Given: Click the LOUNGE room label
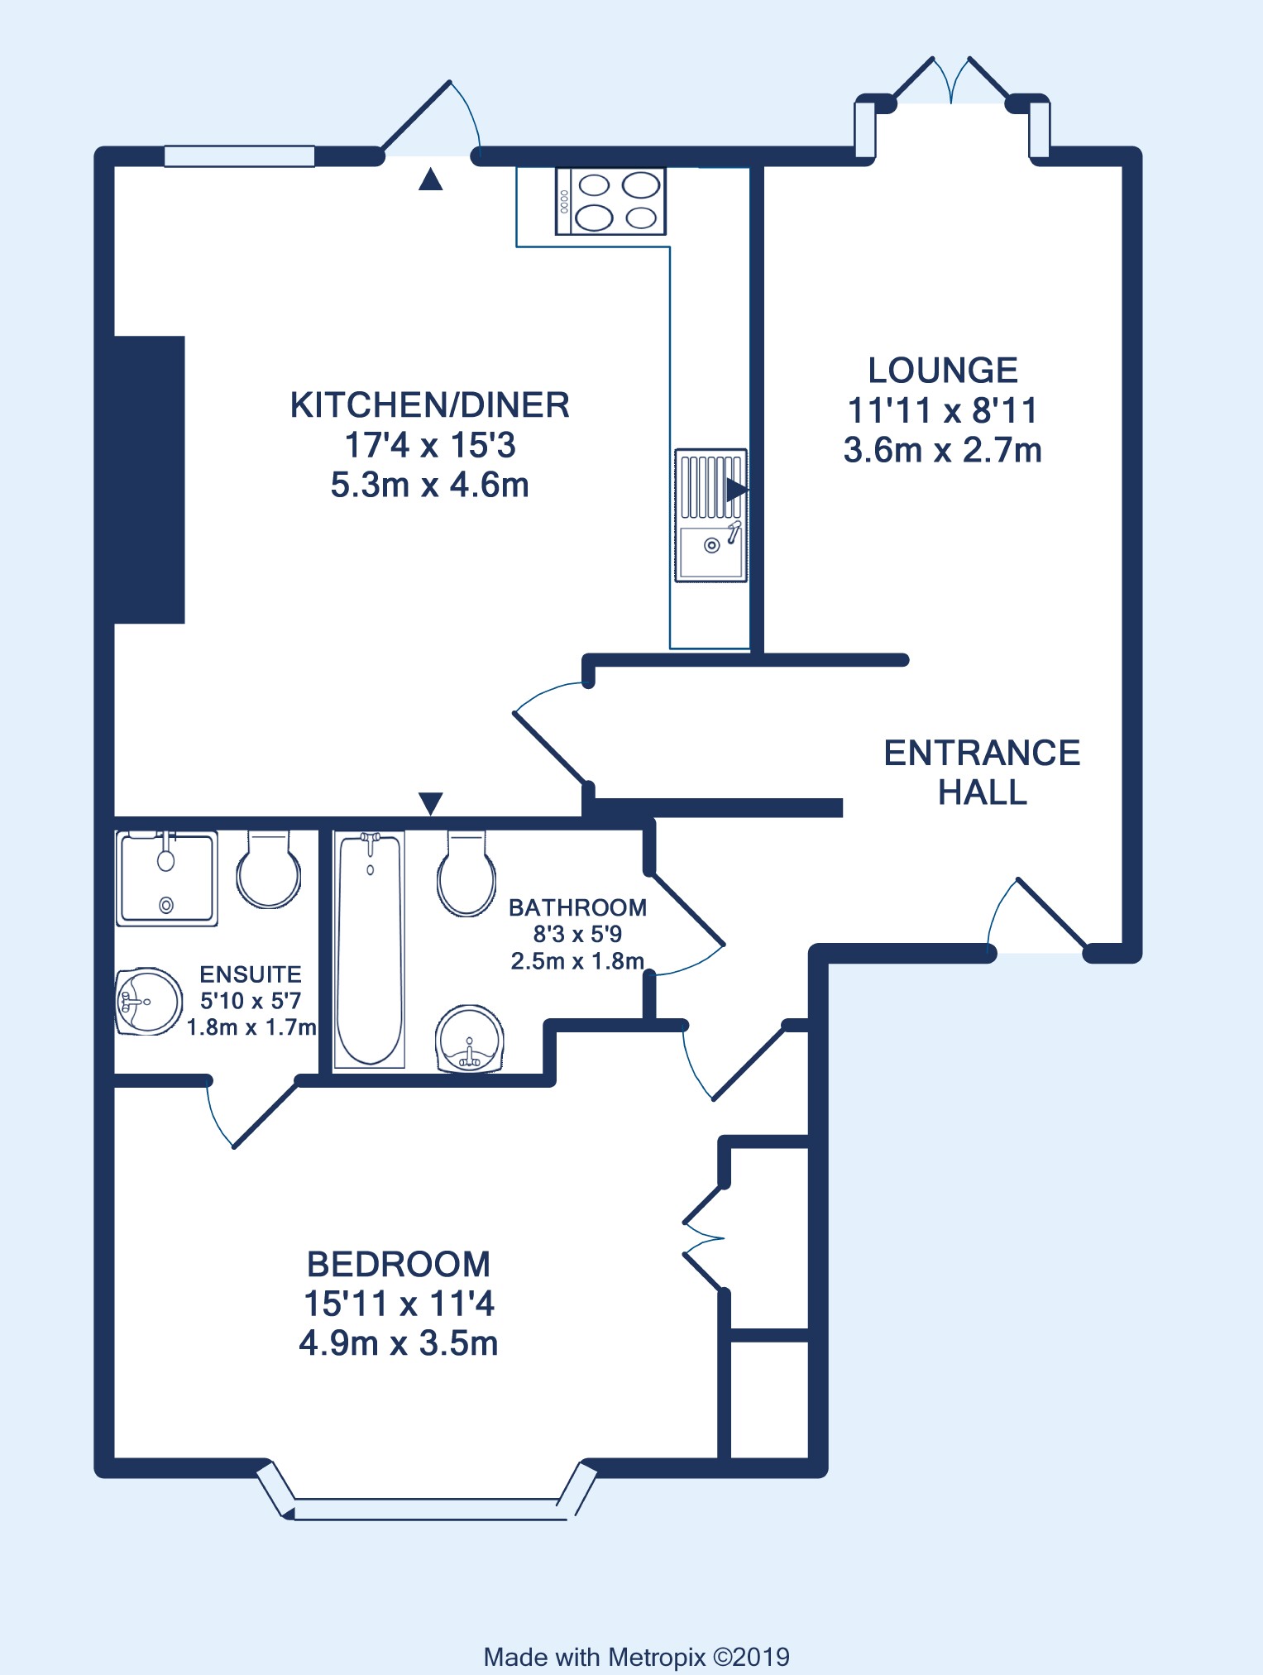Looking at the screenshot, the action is tap(943, 371).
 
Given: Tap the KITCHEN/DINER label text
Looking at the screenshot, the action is tap(430, 405).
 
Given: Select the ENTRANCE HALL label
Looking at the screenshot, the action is tap(983, 773).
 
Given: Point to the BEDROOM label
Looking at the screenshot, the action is tap(399, 1264).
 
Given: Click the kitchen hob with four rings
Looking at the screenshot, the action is tap(611, 201).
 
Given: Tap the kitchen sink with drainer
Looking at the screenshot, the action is tap(711, 515).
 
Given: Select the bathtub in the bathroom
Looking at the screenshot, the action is tap(369, 950).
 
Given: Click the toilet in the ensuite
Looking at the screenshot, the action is tap(269, 869).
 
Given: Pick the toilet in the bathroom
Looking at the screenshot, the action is tap(466, 873).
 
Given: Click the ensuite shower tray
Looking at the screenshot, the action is tap(166, 878).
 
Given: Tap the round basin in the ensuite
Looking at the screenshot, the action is tap(149, 1002).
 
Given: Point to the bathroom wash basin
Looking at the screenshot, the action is tap(470, 1039).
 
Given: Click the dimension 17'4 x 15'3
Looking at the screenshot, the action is tap(430, 445).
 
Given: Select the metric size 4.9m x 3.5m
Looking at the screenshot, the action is tap(399, 1343).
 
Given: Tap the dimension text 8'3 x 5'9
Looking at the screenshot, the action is tap(577, 934).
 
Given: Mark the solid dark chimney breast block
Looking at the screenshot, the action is tap(149, 480).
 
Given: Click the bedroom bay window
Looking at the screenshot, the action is tap(427, 1494).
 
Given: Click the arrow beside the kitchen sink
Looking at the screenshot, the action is tap(736, 489).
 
